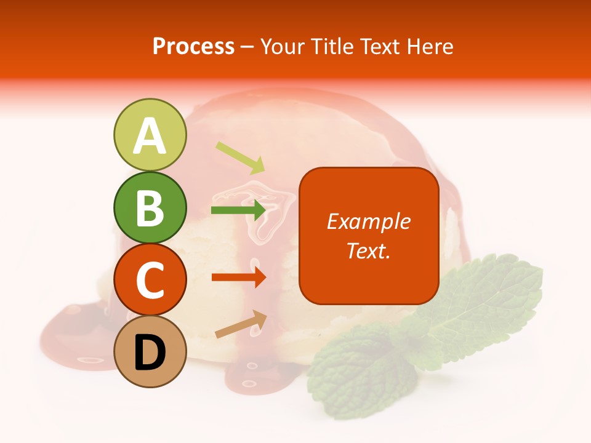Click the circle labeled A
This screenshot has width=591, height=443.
(x=150, y=135)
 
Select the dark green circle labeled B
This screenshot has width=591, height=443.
(x=150, y=207)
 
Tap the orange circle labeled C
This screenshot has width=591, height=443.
(x=150, y=279)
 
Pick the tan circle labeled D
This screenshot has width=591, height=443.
(x=150, y=351)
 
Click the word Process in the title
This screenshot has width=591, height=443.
(x=193, y=46)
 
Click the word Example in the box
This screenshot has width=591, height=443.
(x=368, y=221)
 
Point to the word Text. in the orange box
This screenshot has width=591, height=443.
(x=368, y=250)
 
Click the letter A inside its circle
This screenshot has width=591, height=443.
(x=150, y=136)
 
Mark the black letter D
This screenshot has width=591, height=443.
(x=150, y=353)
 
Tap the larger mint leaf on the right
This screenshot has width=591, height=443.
(x=486, y=295)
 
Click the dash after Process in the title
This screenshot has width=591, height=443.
(x=247, y=47)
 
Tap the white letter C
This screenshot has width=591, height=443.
(x=150, y=281)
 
